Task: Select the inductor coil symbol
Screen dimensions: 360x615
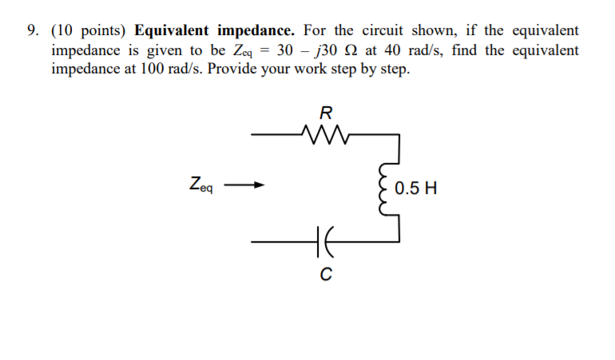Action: pos(389,190)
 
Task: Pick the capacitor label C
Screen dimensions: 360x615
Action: pos(325,275)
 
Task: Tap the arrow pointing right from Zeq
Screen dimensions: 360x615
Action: pos(244,188)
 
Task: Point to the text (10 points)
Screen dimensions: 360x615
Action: pos(89,31)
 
